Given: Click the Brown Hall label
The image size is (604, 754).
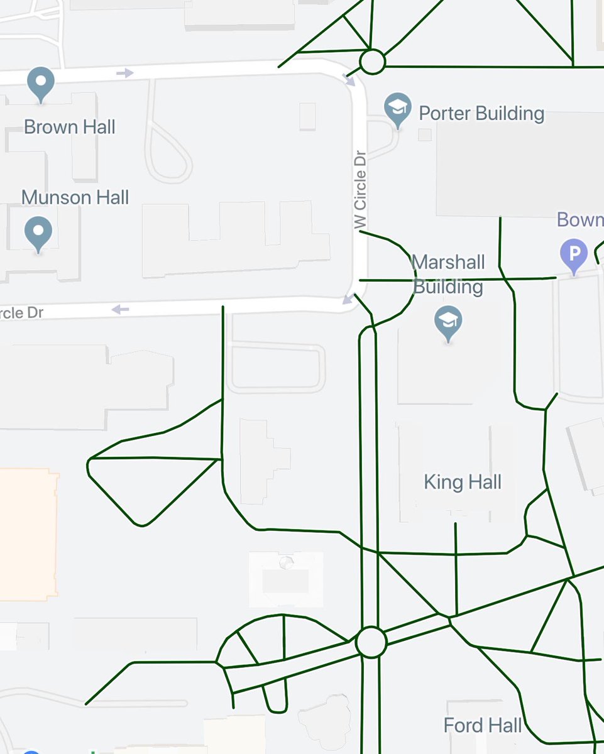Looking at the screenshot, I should (69, 127).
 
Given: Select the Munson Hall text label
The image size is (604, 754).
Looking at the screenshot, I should (75, 197).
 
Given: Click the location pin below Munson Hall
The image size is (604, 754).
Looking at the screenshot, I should (38, 233).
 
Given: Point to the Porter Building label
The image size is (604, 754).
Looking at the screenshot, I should (481, 114).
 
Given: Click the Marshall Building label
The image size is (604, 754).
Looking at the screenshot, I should (448, 274).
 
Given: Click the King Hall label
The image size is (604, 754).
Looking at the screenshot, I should (463, 483).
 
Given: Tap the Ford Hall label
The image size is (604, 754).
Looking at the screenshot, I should (483, 726).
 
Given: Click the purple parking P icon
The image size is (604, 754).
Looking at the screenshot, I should (574, 255).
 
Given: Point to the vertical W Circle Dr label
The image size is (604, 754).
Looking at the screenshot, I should (360, 189).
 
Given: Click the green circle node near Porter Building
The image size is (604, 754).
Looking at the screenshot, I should (372, 62).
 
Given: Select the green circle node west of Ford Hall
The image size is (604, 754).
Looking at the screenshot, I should (371, 642).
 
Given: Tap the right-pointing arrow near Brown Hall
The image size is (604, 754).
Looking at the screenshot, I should (125, 73).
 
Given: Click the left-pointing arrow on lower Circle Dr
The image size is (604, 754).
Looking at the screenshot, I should (120, 309).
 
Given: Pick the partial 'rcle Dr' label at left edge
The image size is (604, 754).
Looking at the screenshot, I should (21, 312).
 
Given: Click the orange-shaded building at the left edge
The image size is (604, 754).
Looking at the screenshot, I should (28, 534).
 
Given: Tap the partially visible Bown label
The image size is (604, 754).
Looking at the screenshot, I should (580, 220).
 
